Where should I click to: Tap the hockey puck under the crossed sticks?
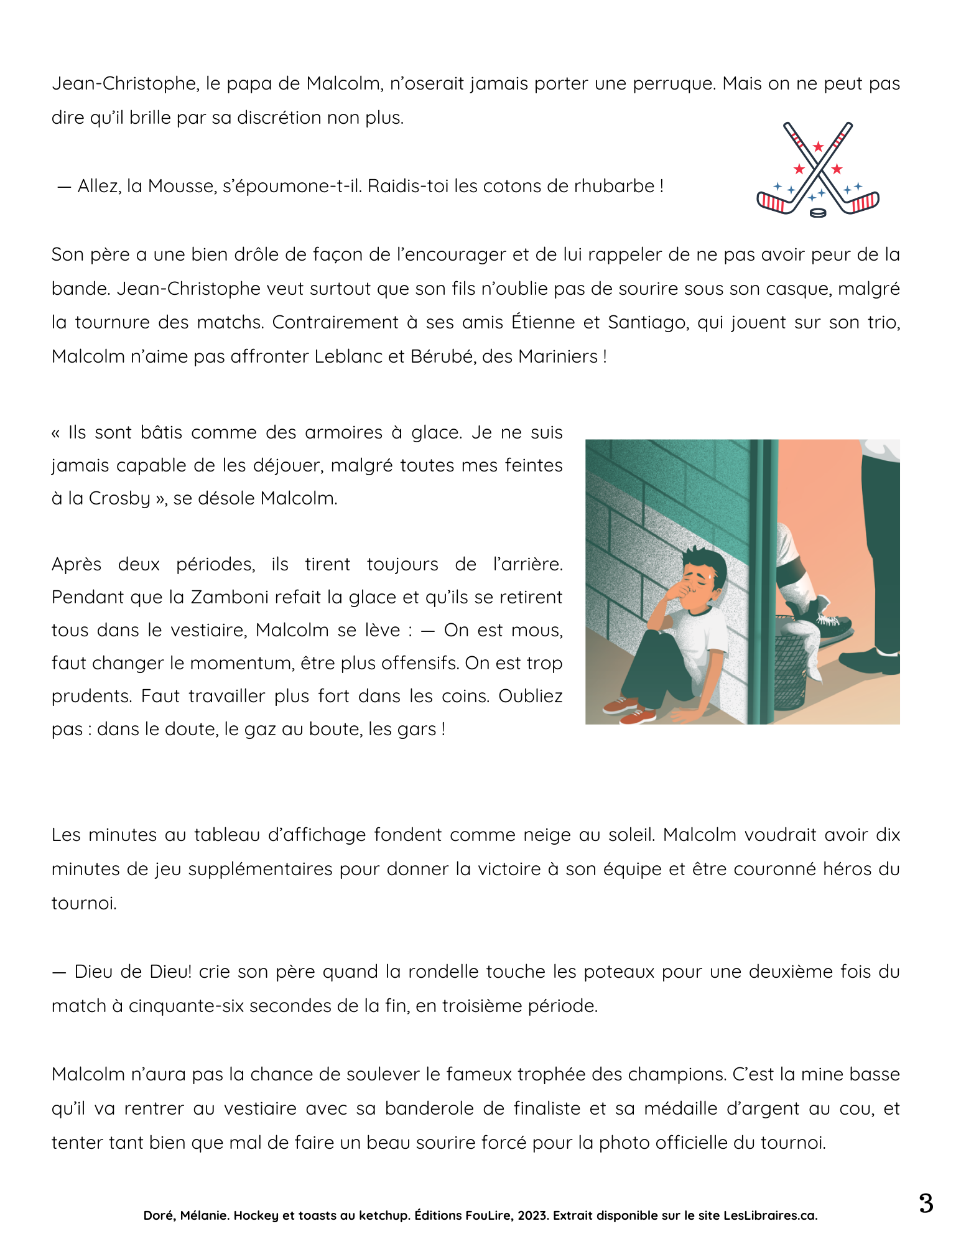[818, 213]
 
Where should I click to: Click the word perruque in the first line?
[674, 83]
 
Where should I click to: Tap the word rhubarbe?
[614, 186]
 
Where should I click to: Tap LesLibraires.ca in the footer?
[770, 1215]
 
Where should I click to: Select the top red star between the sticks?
[818, 147]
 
